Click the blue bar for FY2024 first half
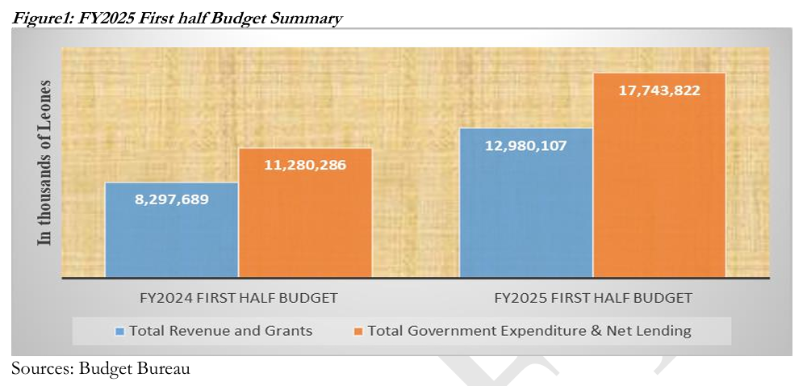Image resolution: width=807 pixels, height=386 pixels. coord(171,230)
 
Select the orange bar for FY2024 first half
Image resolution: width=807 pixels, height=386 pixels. coord(305,214)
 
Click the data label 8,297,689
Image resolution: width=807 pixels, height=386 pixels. coord(171,198)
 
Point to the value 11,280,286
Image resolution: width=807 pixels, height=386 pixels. coord(305,165)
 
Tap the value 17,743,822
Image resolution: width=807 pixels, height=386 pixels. coord(659,90)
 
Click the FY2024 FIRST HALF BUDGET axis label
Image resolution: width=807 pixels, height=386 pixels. coord(238,297)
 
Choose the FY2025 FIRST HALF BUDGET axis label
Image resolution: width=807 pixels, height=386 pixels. coord(592,297)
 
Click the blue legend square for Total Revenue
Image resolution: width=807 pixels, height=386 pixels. coord(120,331)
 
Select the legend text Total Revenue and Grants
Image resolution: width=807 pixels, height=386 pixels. coord(220,331)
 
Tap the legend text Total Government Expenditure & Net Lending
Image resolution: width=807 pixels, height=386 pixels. coord(529,331)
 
